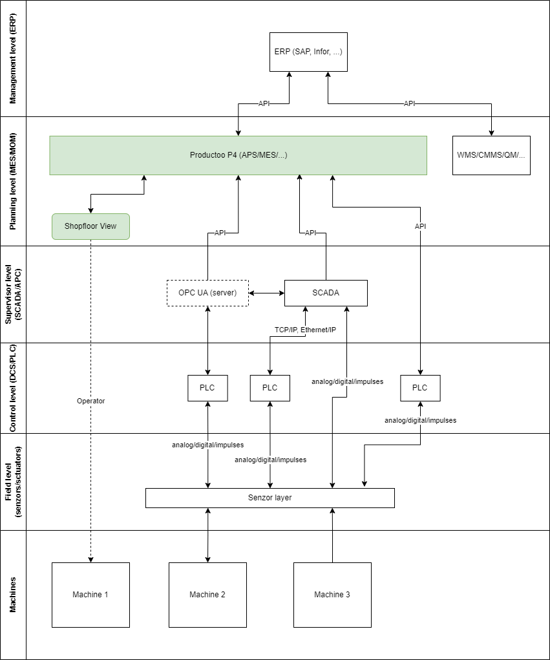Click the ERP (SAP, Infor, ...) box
pyautogui.click(x=308, y=52)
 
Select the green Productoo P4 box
pyautogui.click(x=238, y=155)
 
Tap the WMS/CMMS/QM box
pyautogui.click(x=491, y=155)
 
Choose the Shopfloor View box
pyautogui.click(x=90, y=226)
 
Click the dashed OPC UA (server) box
pyautogui.click(x=207, y=293)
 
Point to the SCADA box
pyautogui.click(x=326, y=293)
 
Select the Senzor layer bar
pyautogui.click(x=270, y=498)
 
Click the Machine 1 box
pyautogui.click(x=90, y=595)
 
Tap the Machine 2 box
pyautogui.click(x=207, y=595)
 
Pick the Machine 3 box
pyautogui.click(x=332, y=595)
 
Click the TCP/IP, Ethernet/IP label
pyautogui.click(x=305, y=330)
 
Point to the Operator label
pyautogui.click(x=90, y=401)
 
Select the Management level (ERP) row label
pyautogui.click(x=13, y=59)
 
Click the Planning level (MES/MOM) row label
pyautogui.click(x=13, y=182)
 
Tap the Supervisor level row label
pyautogui.click(x=13, y=294)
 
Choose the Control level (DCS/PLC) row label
pyautogui.click(x=13, y=388)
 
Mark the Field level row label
pyautogui.click(x=13, y=482)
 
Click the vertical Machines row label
pyautogui.click(x=13, y=595)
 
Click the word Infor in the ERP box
pyautogui.click(x=322, y=52)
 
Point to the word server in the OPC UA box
pyautogui.click(x=223, y=293)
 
